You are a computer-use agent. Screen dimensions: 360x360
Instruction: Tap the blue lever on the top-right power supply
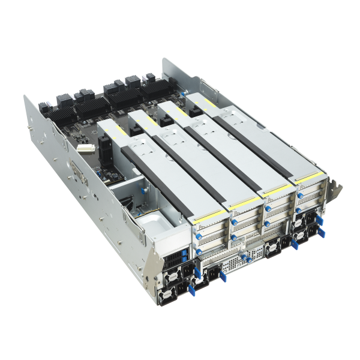(x=318, y=221)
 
